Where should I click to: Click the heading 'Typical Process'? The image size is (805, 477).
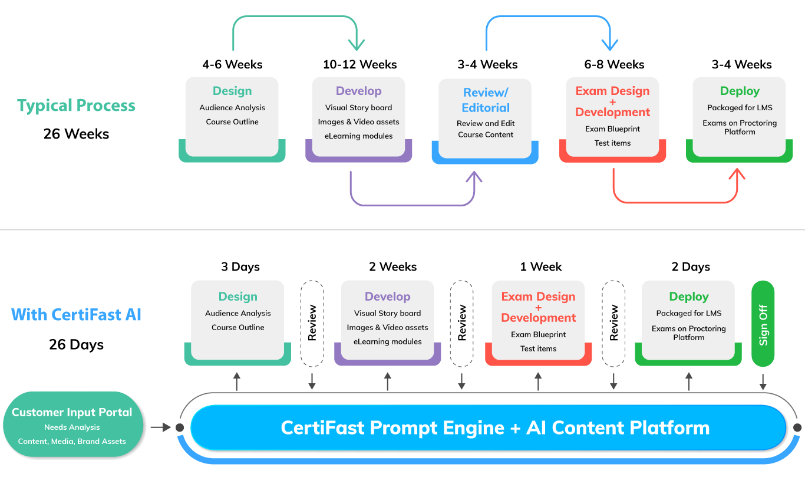76,106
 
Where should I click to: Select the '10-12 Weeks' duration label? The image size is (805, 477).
359,64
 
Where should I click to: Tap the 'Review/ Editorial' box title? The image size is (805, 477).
486,100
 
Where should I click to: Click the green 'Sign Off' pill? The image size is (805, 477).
763,324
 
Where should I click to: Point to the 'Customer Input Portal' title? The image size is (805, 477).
72,412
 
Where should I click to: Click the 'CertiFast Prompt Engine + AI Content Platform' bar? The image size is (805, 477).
488,427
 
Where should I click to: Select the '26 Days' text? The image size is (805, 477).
76,344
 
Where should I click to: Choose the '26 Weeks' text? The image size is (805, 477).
76,134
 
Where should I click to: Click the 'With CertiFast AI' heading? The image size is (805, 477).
76,314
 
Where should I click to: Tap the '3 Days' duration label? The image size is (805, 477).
240,267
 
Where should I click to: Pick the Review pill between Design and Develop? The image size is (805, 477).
312,324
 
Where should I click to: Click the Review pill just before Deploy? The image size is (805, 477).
613,324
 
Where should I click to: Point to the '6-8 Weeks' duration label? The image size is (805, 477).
614,64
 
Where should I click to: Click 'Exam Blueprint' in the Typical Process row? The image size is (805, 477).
612,129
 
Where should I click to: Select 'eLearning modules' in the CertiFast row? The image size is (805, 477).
387,341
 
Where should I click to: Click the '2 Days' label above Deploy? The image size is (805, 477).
691,267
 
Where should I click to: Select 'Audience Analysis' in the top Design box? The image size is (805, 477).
232,108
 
